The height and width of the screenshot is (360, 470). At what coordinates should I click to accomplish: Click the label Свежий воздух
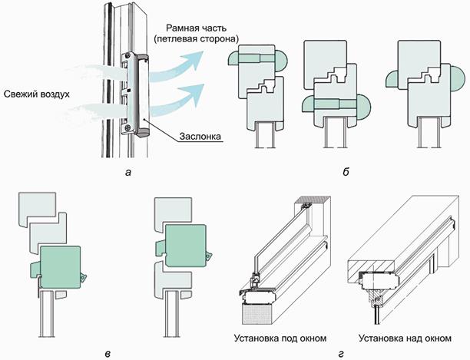tap(37, 94)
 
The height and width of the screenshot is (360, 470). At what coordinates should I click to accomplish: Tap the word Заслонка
tap(200, 137)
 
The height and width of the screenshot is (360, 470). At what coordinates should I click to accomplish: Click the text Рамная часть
tap(197, 28)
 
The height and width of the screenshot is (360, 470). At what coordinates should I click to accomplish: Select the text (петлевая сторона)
tap(197, 39)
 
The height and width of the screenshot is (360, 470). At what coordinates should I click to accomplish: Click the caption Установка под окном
tap(280, 339)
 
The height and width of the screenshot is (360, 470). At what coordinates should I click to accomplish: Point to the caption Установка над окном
tap(405, 339)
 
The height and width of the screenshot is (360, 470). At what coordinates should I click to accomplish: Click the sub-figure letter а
tap(128, 173)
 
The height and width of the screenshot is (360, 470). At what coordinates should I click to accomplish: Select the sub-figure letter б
tap(346, 172)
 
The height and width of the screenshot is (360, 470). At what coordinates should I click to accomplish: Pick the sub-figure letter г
tap(340, 354)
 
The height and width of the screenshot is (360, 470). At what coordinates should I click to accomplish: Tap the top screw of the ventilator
tap(128, 55)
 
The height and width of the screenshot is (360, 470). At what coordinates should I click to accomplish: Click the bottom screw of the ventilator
tap(128, 127)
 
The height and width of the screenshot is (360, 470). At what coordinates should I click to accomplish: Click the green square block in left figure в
tap(60, 267)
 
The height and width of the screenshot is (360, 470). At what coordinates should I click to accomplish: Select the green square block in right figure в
tap(186, 246)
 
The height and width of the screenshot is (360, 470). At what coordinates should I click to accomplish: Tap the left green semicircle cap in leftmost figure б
tap(233, 58)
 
